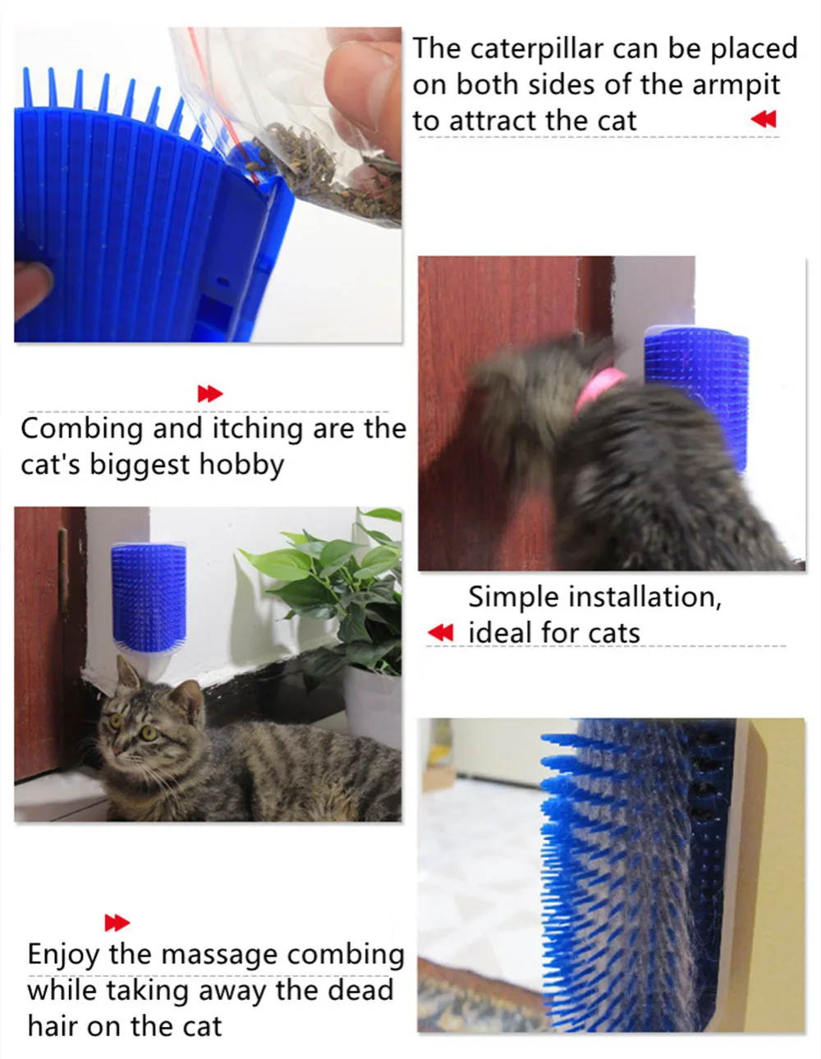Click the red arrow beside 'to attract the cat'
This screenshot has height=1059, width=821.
[764, 119]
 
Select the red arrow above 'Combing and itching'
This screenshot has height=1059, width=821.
[210, 394]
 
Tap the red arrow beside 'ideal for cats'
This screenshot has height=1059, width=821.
[440, 633]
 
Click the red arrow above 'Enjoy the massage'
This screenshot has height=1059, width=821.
[117, 923]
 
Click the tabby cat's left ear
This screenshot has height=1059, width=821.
[126, 672]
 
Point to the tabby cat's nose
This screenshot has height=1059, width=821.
[117, 750]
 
